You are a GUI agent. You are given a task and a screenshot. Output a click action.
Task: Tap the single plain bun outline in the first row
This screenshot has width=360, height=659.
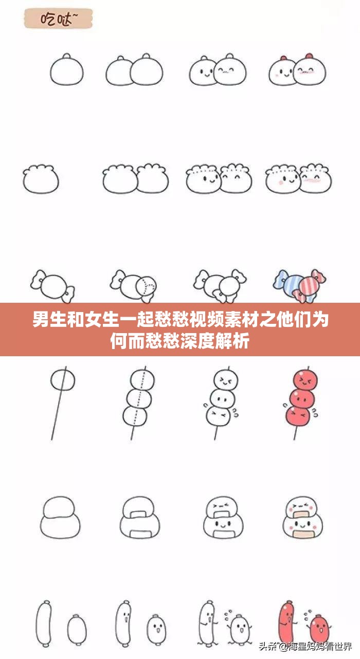[x=66, y=70]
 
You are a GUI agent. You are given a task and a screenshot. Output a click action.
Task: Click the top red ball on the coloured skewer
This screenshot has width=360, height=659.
[x=303, y=379]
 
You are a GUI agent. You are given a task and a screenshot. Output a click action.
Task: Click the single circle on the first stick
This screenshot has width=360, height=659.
[x=63, y=380]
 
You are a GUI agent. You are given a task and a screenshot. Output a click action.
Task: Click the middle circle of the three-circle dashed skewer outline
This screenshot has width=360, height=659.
[x=139, y=397]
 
